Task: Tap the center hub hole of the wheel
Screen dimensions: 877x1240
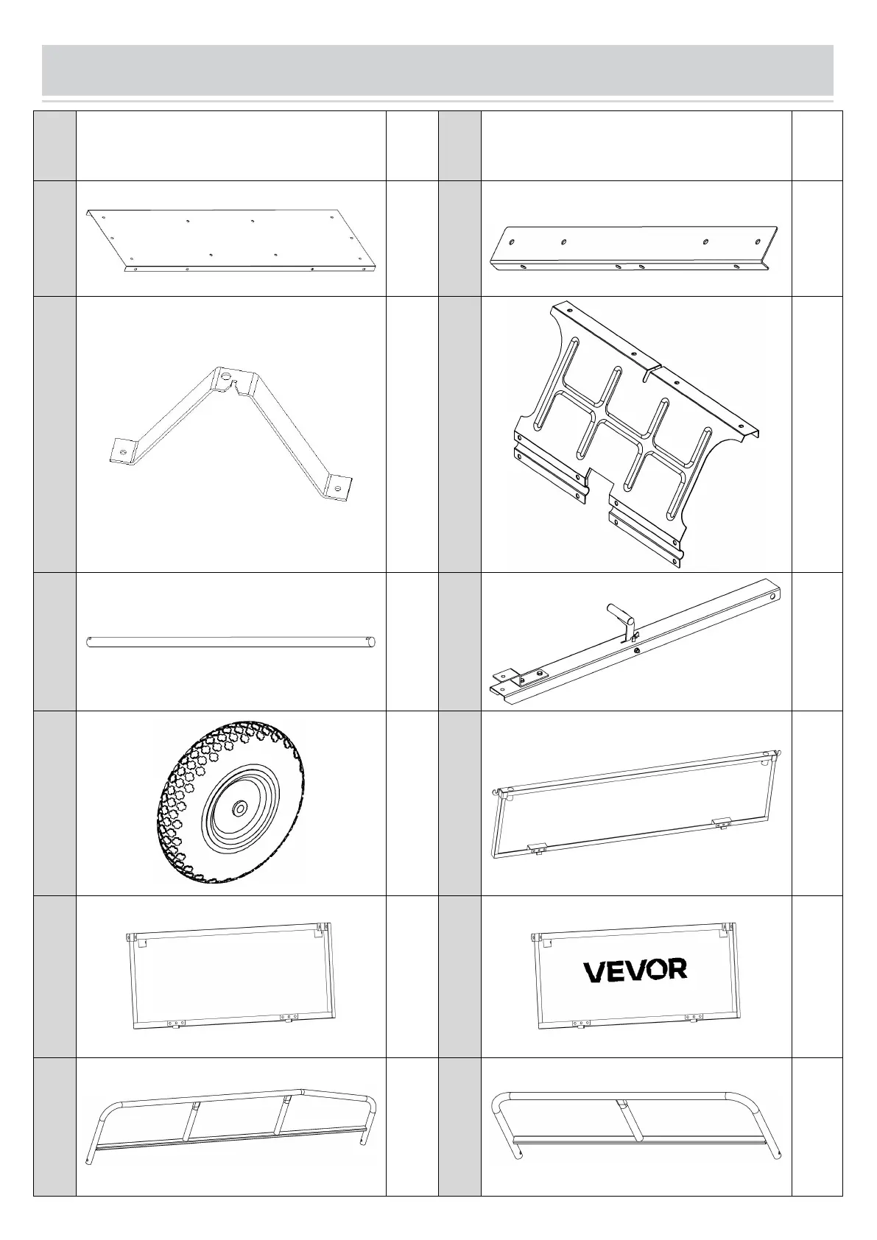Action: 240,809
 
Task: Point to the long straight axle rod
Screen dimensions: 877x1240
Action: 231,642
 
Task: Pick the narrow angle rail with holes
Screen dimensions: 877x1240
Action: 633,249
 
